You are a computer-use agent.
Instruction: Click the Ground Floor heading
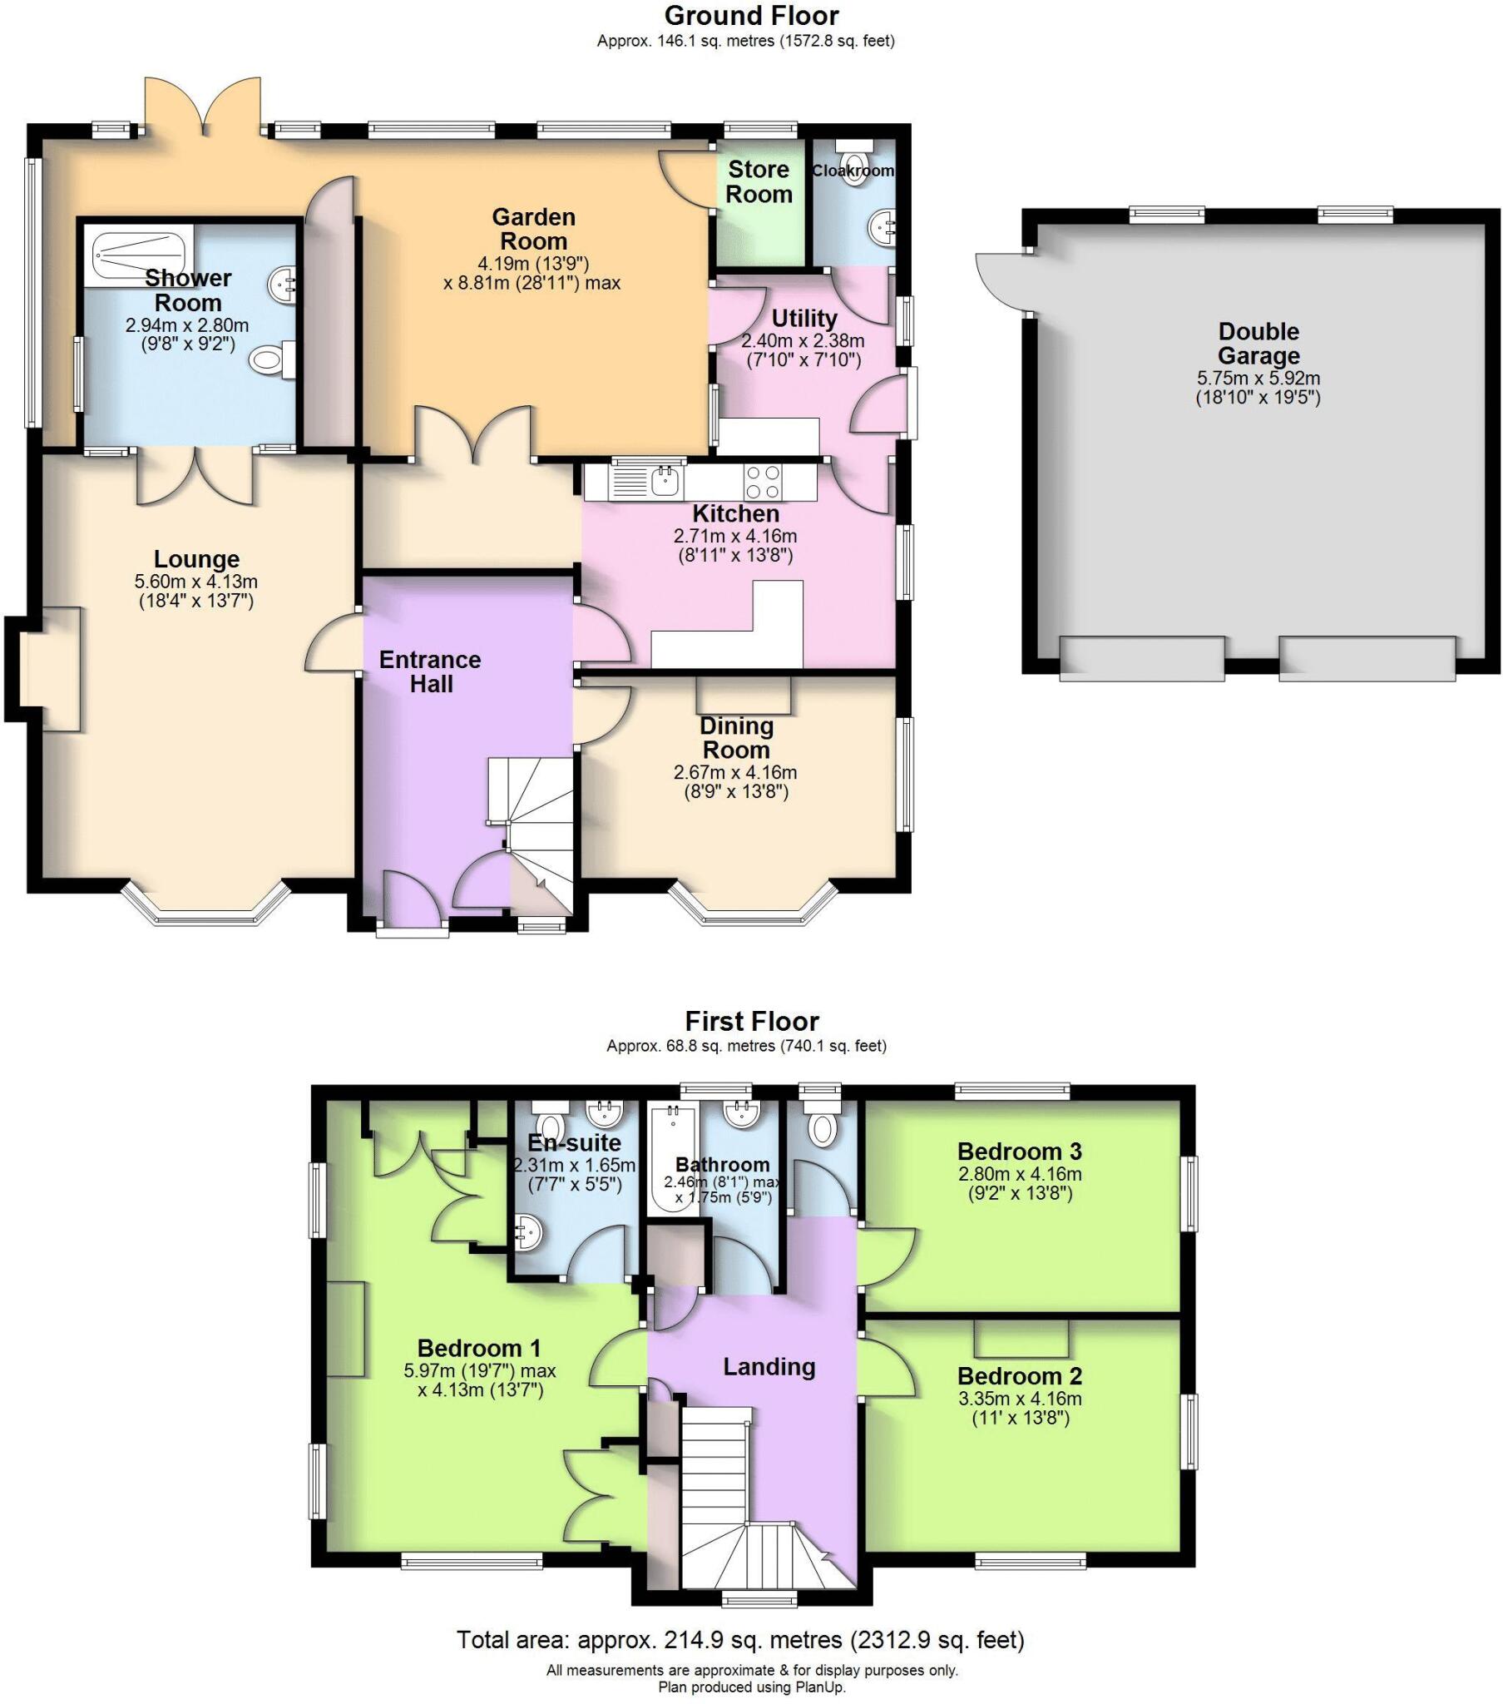pyautogui.click(x=751, y=16)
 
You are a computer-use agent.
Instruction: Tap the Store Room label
pyautogui.click(x=759, y=181)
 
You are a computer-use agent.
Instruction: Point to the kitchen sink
pyautogui.click(x=665, y=481)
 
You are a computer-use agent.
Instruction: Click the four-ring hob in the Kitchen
pyautogui.click(x=764, y=481)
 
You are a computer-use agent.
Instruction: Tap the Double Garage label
pyautogui.click(x=1258, y=344)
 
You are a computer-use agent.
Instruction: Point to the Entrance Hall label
pyautogui.click(x=430, y=672)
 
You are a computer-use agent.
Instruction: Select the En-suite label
pyautogui.click(x=576, y=1142)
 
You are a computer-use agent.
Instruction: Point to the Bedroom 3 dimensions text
pyautogui.click(x=1020, y=1183)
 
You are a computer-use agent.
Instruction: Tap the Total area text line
pyautogui.click(x=740, y=1640)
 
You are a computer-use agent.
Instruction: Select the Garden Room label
pyautogui.click(x=533, y=230)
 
